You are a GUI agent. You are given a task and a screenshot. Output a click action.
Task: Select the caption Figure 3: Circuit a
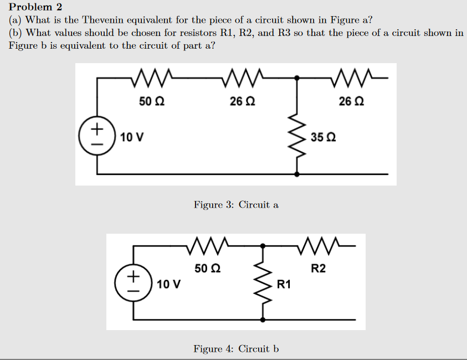point(236,205)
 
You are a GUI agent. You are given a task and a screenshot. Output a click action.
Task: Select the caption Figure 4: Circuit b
point(236,349)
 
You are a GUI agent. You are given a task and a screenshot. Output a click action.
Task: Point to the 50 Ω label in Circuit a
point(151,102)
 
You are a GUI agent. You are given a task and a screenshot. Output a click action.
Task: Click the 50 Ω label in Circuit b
point(208,269)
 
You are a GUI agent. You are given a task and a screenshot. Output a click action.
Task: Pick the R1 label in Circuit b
point(284,285)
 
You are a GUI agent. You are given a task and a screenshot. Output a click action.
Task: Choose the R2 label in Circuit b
point(319,269)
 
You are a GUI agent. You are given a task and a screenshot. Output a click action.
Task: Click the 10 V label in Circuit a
point(132,137)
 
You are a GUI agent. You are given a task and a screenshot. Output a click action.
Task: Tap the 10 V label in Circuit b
point(168,285)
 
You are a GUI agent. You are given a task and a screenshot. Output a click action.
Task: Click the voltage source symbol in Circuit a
point(97,135)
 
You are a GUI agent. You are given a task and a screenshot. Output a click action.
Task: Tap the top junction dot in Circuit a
point(297,79)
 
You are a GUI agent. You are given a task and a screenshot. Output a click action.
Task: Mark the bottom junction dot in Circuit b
point(262,320)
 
